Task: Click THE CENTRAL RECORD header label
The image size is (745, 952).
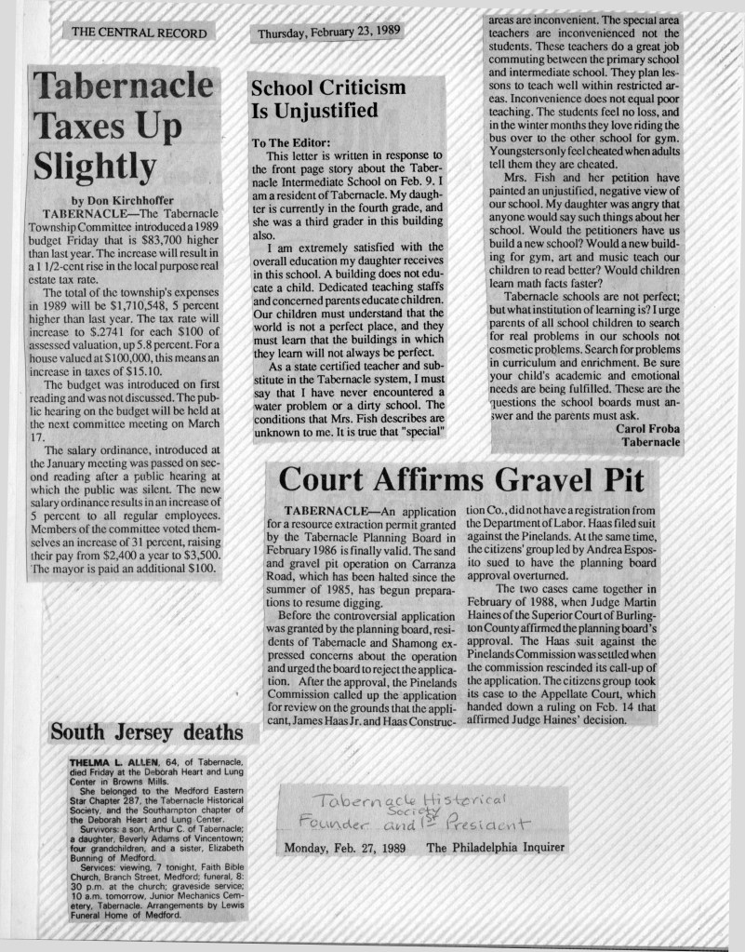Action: [x=137, y=32]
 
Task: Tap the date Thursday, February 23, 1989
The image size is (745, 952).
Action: [x=328, y=33]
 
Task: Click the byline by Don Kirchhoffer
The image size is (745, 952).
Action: [x=122, y=199]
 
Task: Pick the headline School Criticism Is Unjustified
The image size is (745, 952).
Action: [x=328, y=100]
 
